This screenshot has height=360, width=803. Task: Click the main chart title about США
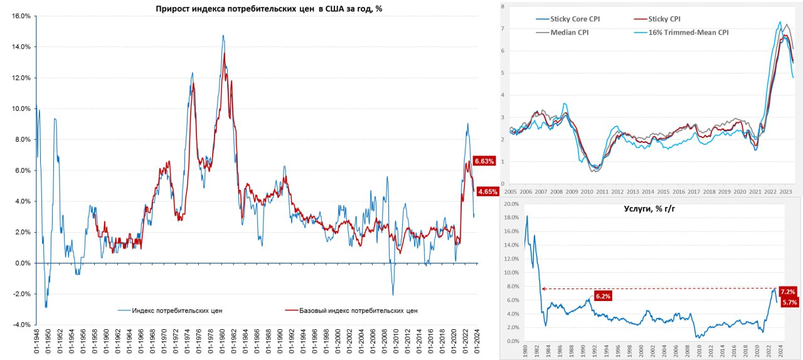coord(269,8)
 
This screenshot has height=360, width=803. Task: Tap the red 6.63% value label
coord(484,161)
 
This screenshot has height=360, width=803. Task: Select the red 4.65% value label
coord(487,191)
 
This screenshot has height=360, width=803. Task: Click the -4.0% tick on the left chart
coord(21,325)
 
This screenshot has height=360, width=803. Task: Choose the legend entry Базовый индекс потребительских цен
coord(358,310)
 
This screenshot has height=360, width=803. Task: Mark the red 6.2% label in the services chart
coord(602,295)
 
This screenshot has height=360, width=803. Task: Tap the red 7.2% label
coord(788,292)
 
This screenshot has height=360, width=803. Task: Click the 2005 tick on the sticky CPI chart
coord(510,191)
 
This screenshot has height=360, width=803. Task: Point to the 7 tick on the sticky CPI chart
coord(503,29)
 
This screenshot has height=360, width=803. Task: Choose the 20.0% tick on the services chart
coord(511,204)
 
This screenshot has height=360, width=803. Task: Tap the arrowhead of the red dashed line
coord(543,289)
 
